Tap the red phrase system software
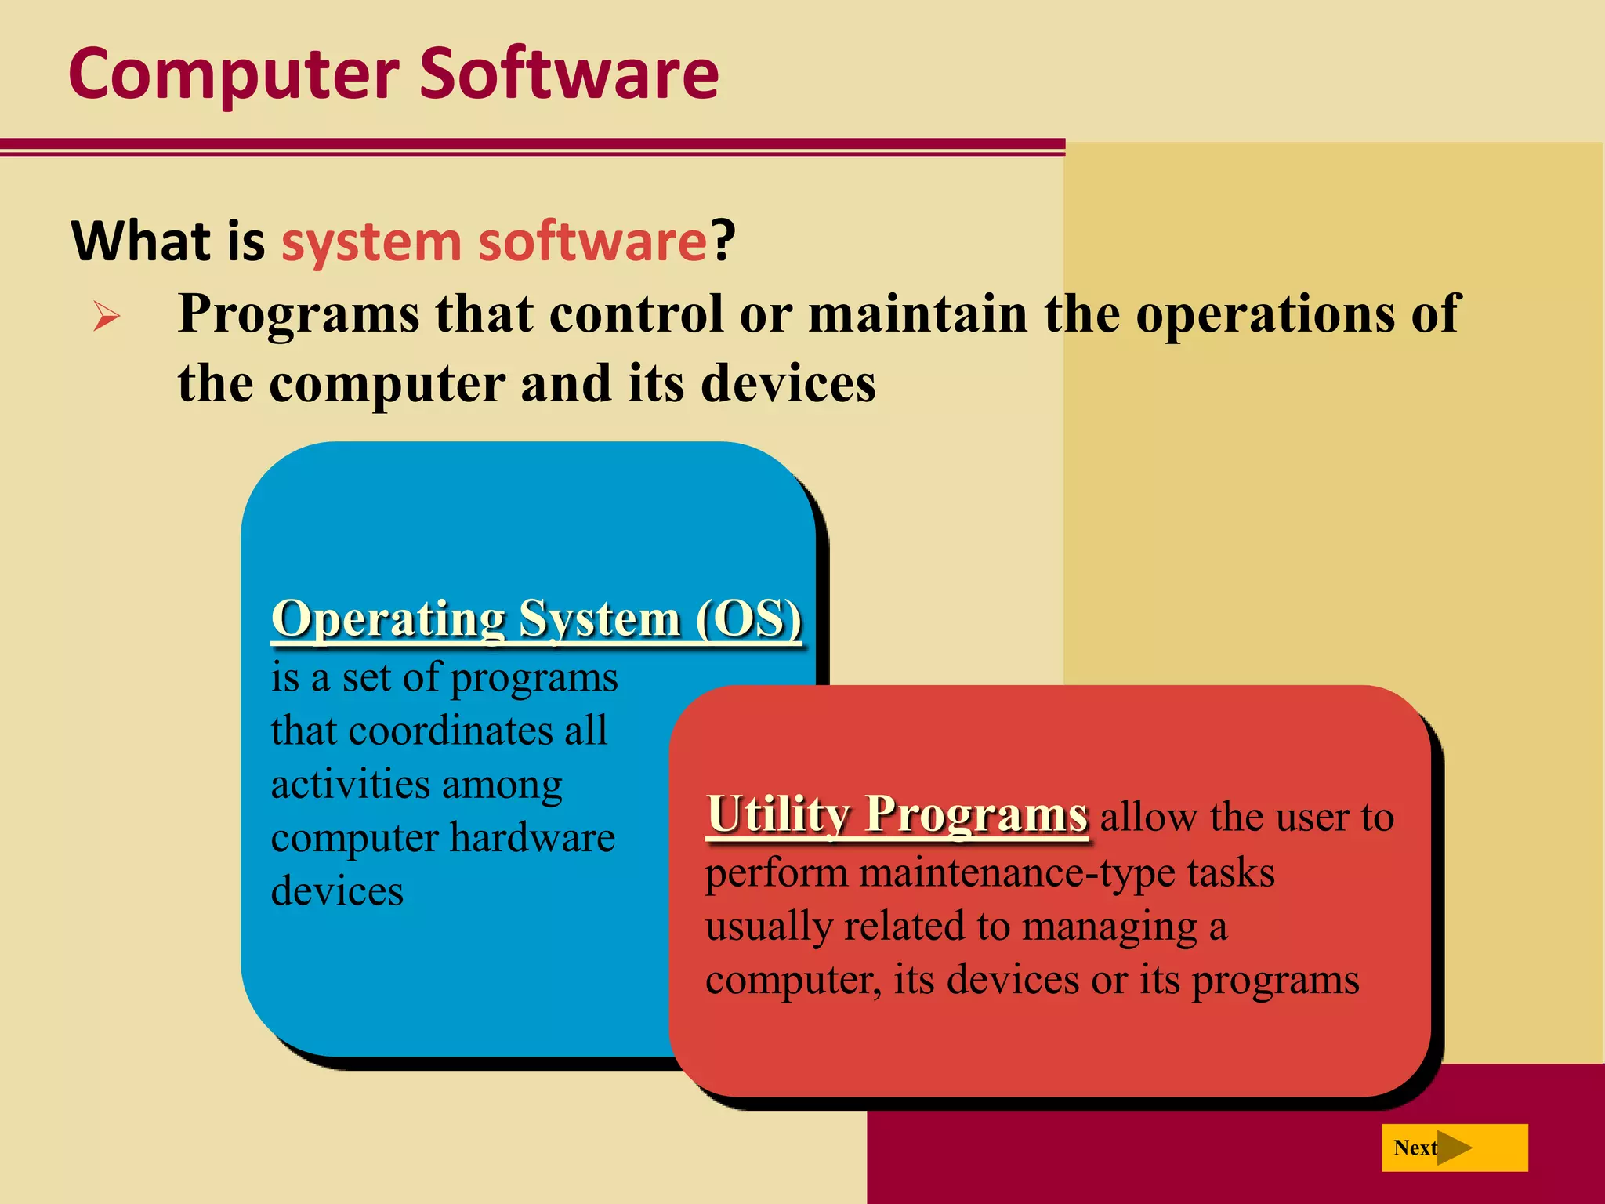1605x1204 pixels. pos(495,241)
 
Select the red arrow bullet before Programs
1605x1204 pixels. pos(107,317)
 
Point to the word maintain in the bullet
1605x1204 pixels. pos(918,314)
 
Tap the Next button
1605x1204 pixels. pos(1454,1148)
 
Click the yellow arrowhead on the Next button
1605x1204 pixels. pos(1455,1148)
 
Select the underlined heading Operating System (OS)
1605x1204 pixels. pos(537,619)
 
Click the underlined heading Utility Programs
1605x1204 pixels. pos(897,814)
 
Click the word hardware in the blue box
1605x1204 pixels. pos(533,838)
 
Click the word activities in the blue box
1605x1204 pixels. pos(350,785)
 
